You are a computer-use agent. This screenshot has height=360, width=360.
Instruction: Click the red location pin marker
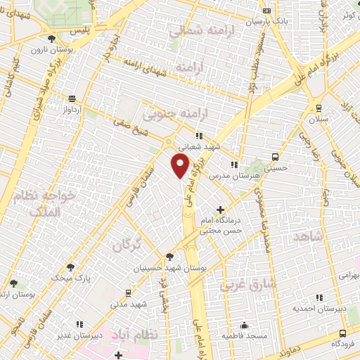click(181, 166)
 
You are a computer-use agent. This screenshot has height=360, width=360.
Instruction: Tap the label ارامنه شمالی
click(195, 31)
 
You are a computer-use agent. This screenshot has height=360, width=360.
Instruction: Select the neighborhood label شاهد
click(309, 236)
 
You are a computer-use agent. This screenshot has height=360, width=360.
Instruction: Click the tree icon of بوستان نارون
click(51, 39)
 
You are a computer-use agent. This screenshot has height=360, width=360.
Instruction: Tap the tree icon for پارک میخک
click(70, 267)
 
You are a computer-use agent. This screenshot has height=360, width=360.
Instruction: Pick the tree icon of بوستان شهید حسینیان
click(169, 257)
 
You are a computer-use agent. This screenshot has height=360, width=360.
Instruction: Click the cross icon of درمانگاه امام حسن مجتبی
click(221, 209)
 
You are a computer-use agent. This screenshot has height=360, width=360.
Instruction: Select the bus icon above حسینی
click(274, 157)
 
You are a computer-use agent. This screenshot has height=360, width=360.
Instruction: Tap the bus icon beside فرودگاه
click(342, 333)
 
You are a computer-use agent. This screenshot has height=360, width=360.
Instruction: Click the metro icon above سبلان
click(319, 108)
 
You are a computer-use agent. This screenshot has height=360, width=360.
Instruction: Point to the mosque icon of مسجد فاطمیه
click(244, 326)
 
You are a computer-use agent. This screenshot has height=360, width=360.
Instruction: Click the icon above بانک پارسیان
click(266, 11)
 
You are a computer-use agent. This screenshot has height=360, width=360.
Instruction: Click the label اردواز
click(73, 110)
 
